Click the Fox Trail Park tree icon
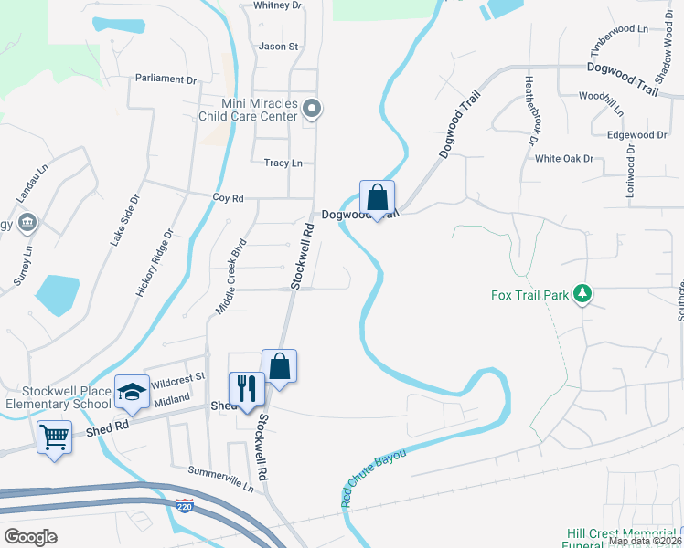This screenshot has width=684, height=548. pos(582,294)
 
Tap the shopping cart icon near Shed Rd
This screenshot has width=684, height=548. pos(54,437)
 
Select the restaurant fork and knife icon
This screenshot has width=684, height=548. pos(246,387)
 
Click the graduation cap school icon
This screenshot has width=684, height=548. pos(132,391)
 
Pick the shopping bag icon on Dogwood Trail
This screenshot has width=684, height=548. pos(377,195)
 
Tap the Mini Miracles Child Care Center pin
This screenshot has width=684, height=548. pos(313,110)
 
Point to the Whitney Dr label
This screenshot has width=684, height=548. pos(277,5)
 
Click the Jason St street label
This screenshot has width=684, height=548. pos(279,46)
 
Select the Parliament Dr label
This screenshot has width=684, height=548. pos(166,79)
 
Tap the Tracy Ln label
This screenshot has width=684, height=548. pos(283,163)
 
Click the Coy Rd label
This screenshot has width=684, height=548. pos(228,197)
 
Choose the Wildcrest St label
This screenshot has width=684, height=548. pos(177,378)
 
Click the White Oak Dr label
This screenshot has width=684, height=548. pos(564,158)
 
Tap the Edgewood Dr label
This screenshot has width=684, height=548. pos(637,134)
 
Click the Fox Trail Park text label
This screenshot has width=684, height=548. pos(529,294)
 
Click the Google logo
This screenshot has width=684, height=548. pos(31,537)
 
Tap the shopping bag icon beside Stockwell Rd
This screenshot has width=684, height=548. pos(280,367)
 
